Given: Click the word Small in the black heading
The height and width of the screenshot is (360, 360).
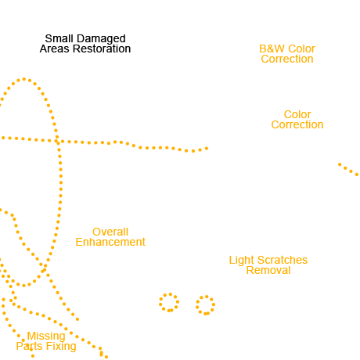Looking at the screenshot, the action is [59, 38].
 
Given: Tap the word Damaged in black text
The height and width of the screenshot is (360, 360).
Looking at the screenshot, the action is [101, 39].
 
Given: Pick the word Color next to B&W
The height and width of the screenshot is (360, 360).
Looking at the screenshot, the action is [302, 49].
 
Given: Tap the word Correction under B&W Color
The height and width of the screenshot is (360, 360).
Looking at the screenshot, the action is [287, 59].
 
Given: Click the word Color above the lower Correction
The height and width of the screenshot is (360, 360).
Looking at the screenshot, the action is [297, 114].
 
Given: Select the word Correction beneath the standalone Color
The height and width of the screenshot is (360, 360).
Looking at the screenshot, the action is [297, 124].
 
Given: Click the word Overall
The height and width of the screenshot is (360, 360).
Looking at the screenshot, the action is [110, 232].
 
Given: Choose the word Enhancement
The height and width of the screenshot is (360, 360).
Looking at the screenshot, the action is [110, 242].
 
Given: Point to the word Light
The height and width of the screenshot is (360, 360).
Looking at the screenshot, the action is [241, 261].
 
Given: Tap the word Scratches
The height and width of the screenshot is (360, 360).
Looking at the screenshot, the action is [283, 260].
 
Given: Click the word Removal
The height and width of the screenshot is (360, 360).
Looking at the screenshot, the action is [268, 270].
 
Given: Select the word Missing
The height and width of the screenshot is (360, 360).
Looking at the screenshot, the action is [46, 337].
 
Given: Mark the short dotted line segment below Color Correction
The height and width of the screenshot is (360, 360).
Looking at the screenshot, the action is [348, 170].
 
